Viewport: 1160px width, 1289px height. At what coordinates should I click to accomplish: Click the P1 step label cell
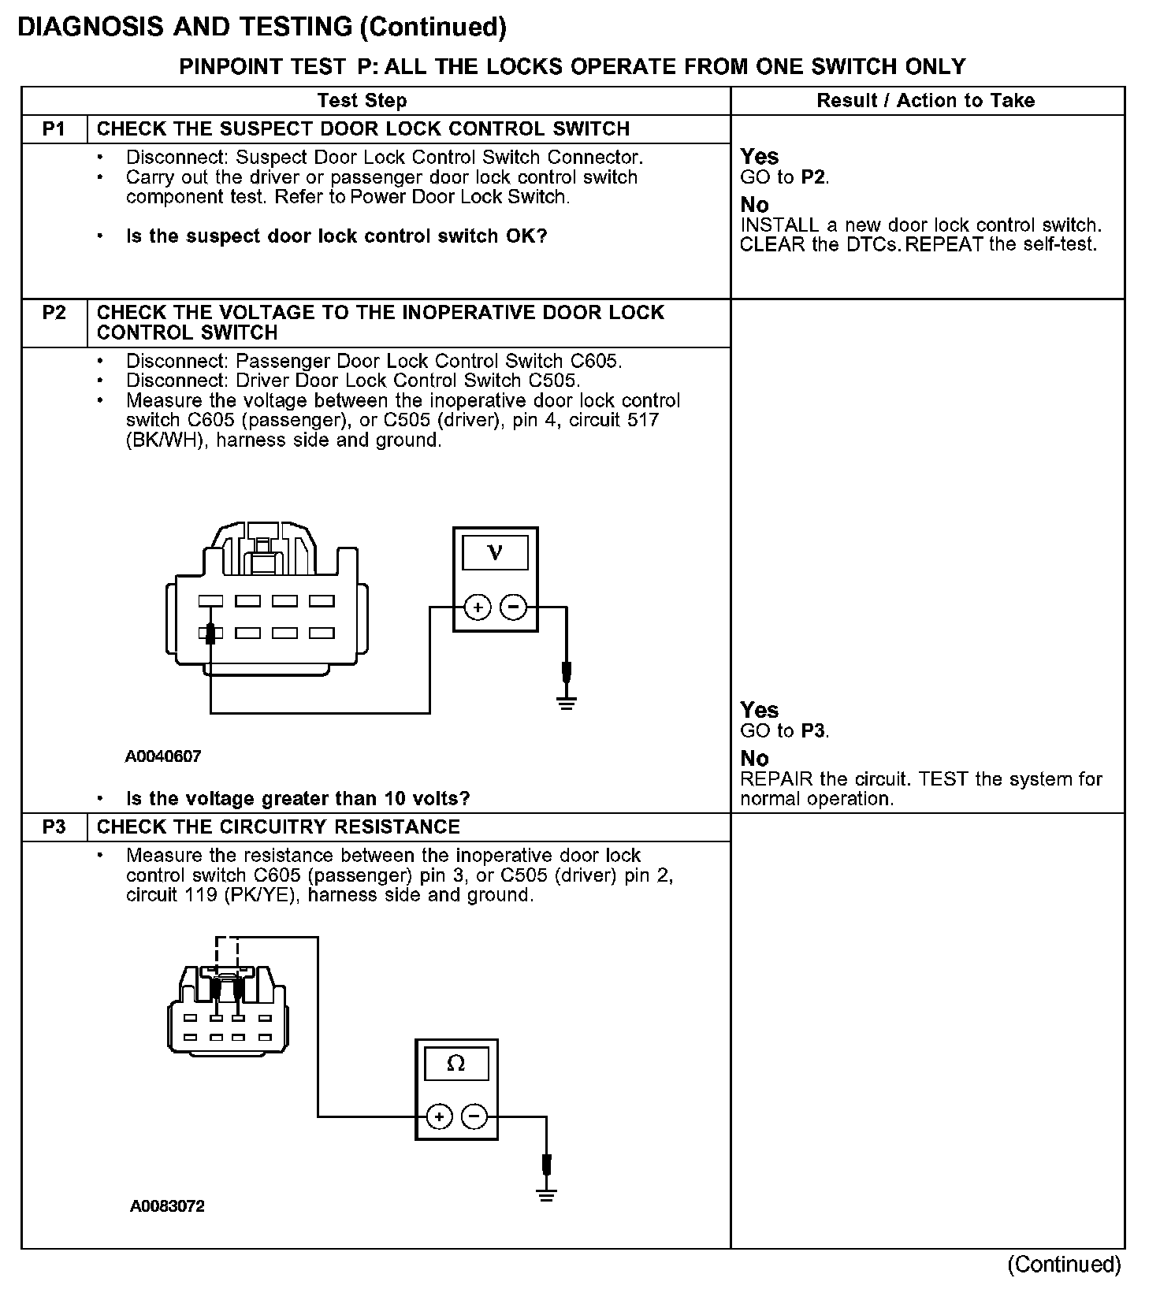(x=54, y=129)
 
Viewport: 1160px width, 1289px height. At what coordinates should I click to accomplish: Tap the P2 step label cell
(x=54, y=313)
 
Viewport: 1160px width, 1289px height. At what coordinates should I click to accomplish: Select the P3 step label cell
(x=54, y=827)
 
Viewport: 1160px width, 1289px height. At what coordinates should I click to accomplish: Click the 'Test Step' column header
(x=362, y=101)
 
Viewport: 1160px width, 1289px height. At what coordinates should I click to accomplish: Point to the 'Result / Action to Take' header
(x=926, y=101)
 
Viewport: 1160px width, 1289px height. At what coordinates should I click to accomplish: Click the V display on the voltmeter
(x=495, y=552)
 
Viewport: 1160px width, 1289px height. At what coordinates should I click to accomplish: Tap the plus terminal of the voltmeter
(x=478, y=607)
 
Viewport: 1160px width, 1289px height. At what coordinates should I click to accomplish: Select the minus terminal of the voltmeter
(x=513, y=607)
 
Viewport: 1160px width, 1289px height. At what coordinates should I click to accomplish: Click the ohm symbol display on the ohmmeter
(x=456, y=1064)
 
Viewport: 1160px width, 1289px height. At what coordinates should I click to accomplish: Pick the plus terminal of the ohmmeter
(x=439, y=1116)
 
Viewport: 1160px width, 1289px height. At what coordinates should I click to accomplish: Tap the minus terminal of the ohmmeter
(x=474, y=1116)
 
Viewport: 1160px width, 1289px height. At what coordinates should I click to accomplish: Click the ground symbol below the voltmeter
(x=566, y=701)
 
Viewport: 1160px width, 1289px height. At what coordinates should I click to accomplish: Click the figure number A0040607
(x=163, y=756)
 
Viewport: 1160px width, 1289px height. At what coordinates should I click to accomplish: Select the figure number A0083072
(x=168, y=1206)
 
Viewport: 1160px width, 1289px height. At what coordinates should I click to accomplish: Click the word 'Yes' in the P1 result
(x=760, y=157)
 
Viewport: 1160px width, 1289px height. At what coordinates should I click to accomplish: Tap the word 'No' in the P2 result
(x=754, y=758)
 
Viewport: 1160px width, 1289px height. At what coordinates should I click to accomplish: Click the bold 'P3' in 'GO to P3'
(x=812, y=731)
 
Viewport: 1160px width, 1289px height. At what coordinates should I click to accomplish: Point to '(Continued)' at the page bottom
(x=1064, y=1265)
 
